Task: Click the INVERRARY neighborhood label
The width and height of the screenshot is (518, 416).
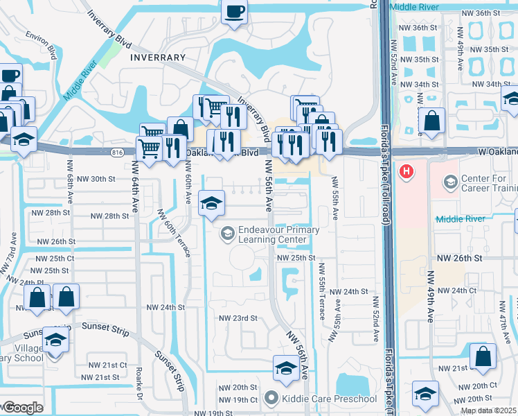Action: tap(158, 58)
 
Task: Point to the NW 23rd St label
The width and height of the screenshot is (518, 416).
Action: tap(238, 318)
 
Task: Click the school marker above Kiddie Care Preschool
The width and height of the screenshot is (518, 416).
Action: tap(285, 369)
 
